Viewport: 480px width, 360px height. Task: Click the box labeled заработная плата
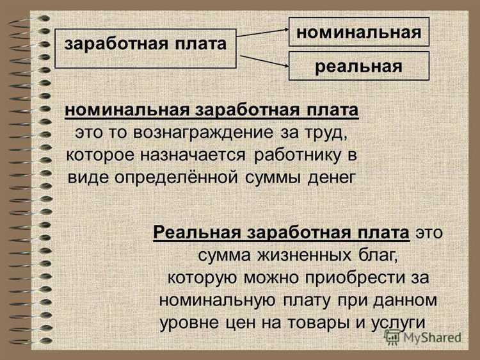coord(146,47)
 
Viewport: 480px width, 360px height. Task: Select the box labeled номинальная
coord(358,32)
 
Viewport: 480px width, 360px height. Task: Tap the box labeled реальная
coord(358,67)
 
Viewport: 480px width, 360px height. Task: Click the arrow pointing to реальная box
coord(262,61)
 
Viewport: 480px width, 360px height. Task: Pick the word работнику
coord(298,155)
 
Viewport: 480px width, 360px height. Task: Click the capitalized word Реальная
coord(192,231)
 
